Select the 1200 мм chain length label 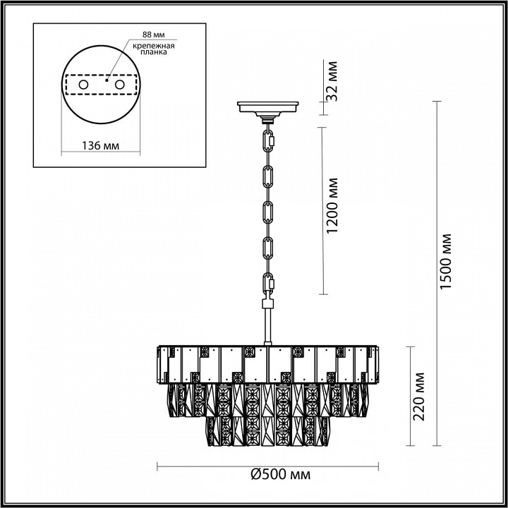click(x=334, y=210)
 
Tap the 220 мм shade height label click(x=421, y=397)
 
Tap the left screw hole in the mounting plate click(x=84, y=85)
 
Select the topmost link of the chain click(x=268, y=139)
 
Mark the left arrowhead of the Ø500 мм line click(x=157, y=465)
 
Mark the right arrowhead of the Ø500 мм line click(x=380, y=465)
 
